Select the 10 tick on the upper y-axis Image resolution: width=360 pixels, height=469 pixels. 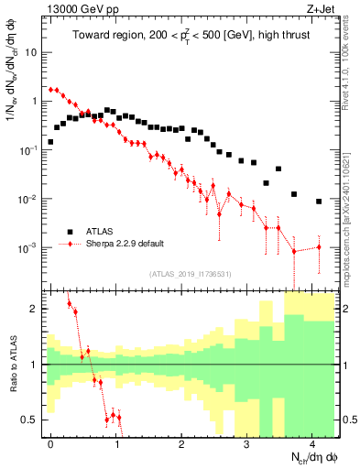pos(34,52)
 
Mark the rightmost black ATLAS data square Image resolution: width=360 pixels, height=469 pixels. pos(319,202)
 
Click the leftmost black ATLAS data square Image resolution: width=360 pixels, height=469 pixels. pos(51,142)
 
